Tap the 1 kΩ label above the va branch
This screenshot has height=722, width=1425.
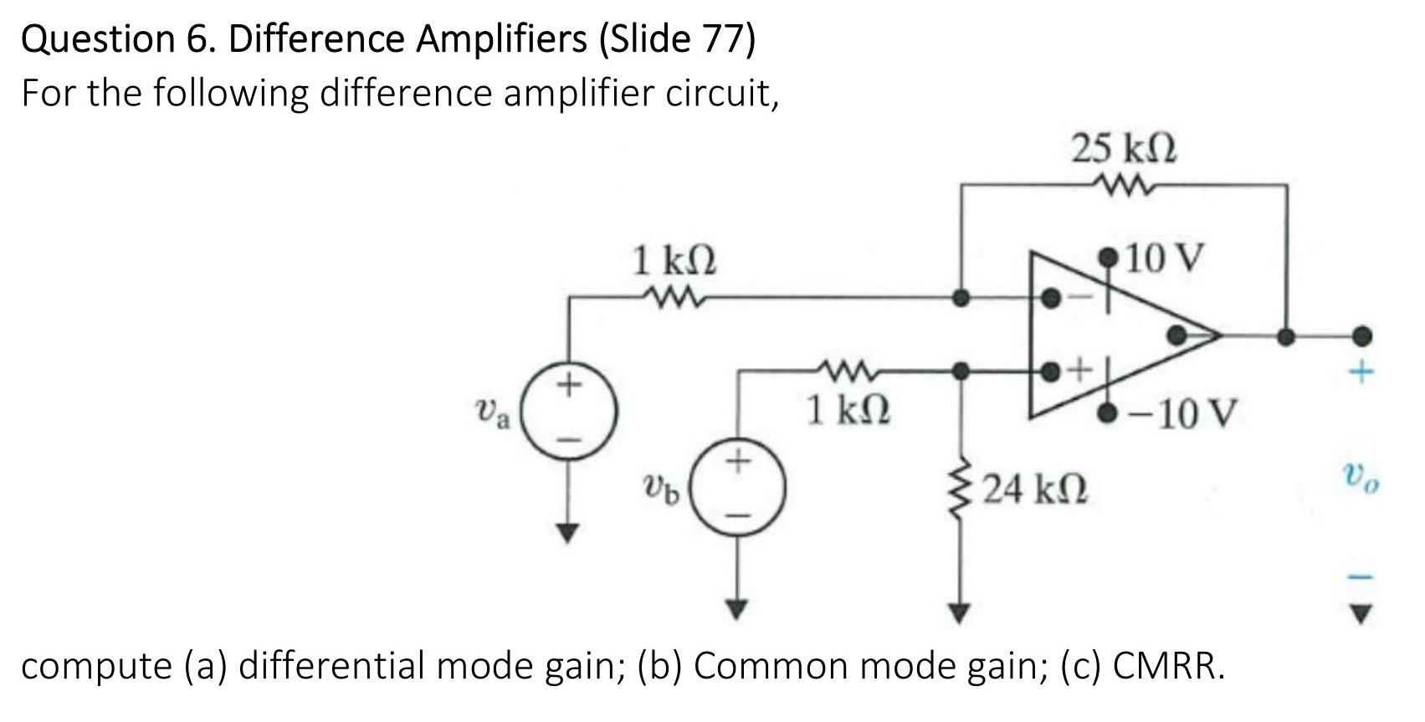pyautogui.click(x=674, y=261)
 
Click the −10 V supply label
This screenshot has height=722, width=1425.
pyautogui.click(x=1181, y=412)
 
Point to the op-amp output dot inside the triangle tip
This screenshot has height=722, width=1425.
pyautogui.click(x=1176, y=335)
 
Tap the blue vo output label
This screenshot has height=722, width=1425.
pyautogui.click(x=1362, y=479)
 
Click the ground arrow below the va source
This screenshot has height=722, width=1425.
pyautogui.click(x=570, y=532)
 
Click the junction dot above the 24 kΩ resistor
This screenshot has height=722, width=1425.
pyautogui.click(x=962, y=369)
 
